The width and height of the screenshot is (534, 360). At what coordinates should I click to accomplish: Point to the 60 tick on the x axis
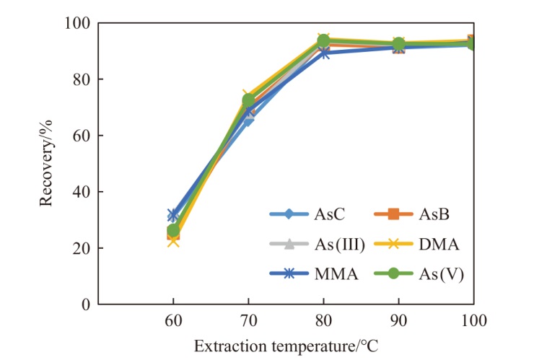[173, 320]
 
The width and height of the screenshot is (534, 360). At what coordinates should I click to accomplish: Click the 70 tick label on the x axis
[249, 320]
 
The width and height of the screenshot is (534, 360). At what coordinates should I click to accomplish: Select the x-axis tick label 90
[398, 320]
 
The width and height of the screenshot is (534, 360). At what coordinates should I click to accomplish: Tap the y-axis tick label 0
[86, 304]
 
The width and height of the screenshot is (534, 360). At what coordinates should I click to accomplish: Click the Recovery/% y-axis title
[45, 164]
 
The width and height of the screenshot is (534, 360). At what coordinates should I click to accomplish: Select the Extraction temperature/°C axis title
[286, 346]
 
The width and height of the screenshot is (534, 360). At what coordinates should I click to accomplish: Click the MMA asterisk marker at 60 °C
[173, 215]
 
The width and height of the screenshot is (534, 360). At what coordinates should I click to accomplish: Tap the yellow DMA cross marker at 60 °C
[173, 241]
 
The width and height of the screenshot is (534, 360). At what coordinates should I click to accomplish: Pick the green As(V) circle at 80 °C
[323, 41]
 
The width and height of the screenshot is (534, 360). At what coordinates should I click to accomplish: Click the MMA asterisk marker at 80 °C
[324, 53]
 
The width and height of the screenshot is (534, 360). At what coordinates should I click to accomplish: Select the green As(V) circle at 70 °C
[249, 100]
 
